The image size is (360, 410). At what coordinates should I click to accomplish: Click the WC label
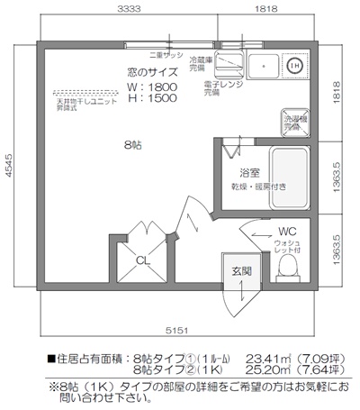coord(287,231)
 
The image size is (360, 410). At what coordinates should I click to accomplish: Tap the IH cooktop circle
coord(293,65)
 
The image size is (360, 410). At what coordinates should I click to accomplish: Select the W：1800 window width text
coord(152,87)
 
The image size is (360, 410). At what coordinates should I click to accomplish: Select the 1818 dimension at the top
coord(265,8)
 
